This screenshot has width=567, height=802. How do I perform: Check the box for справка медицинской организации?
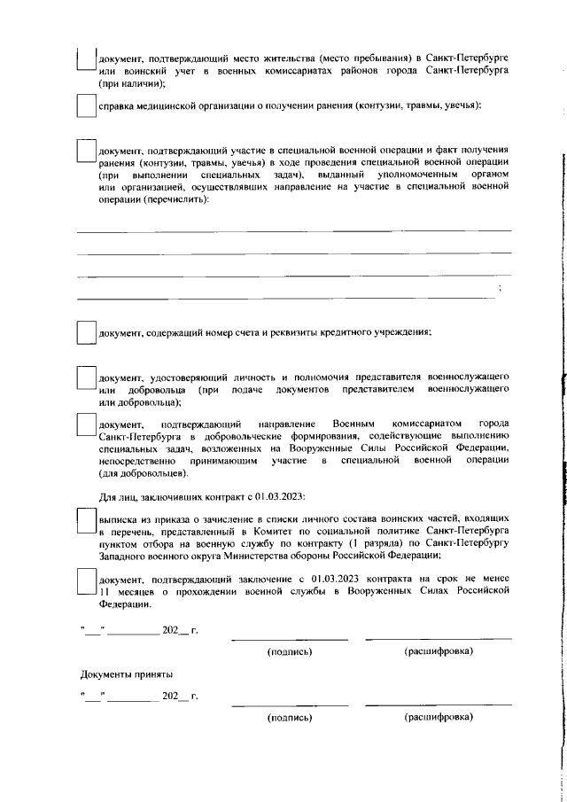pos(85,105)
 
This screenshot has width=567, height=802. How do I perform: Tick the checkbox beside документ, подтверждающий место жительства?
pos(85,58)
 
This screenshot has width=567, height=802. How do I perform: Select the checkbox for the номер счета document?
pos(85,331)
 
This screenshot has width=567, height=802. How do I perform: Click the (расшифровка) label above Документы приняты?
pos(438,651)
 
